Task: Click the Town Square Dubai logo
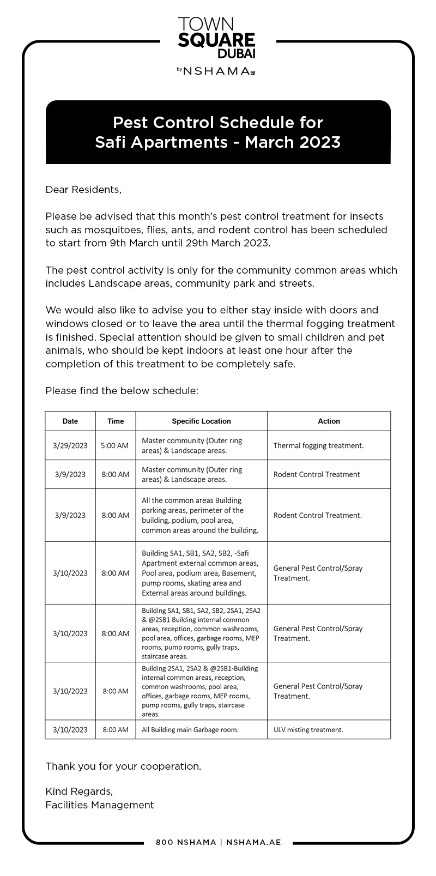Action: coord(216,38)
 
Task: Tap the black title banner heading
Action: coord(218,132)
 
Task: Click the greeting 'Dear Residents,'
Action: coord(83,190)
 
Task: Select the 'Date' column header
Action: coord(70,421)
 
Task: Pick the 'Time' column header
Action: coord(116,421)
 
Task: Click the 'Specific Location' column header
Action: coord(201,421)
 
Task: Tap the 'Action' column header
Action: coord(329,421)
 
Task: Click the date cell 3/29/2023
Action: coord(70,445)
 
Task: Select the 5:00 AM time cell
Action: coord(115,445)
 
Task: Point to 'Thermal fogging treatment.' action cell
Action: coord(318,445)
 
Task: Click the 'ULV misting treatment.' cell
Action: coord(308,729)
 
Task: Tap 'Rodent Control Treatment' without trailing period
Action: coord(316,474)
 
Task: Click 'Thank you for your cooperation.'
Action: coord(123,766)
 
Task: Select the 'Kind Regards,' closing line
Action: coord(79,792)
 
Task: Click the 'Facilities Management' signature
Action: coord(100,805)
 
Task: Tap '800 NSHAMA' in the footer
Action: coord(186,842)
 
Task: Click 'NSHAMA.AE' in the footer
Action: coord(253,842)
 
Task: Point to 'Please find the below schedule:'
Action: coord(122,391)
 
